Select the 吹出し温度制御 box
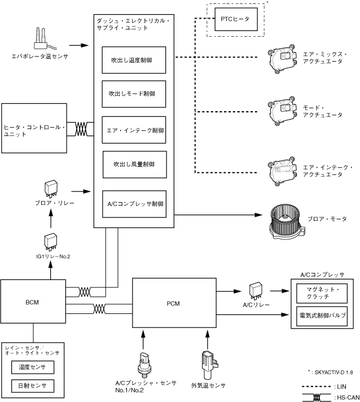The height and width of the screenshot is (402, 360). [134, 59]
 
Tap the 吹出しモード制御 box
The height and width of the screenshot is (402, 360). [134, 94]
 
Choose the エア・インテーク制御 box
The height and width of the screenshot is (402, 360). [134, 129]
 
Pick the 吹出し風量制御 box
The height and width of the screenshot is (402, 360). [134, 164]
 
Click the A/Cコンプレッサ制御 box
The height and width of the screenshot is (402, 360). [134, 203]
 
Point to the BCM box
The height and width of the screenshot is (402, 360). [32, 301]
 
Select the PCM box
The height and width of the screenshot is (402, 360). [173, 303]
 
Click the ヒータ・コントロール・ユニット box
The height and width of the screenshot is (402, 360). [34, 128]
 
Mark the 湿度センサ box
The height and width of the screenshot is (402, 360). [32, 368]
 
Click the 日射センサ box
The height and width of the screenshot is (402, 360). [32, 386]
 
